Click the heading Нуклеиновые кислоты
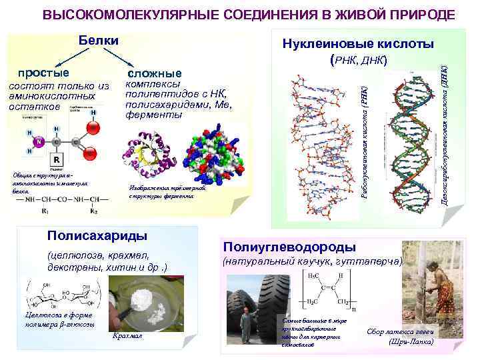(358, 44)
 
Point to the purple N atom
(40, 141)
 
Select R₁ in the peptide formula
(46, 211)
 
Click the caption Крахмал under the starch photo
(127, 337)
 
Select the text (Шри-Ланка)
(411, 342)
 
